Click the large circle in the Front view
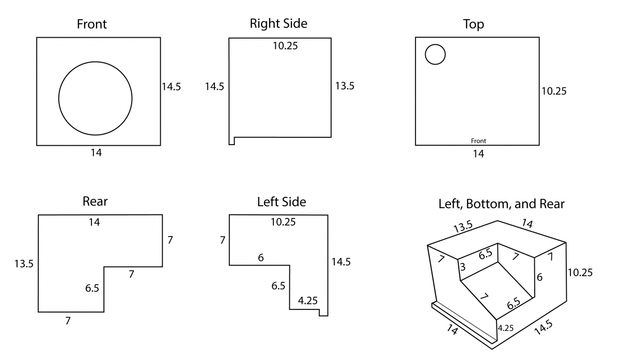[95, 98]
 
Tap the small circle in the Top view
[435, 54]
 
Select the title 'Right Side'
[278, 23]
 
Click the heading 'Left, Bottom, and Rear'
[501, 204]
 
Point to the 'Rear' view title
[95, 201]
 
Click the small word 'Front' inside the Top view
[478, 141]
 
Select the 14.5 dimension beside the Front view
[172, 87]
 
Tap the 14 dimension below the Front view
[96, 153]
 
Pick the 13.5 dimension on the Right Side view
[345, 86]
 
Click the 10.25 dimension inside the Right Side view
[285, 46]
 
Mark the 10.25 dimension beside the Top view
[554, 91]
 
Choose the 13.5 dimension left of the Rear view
[24, 264]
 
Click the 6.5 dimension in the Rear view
[92, 288]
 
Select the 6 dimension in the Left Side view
[260, 257]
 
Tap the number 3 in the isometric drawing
[462, 267]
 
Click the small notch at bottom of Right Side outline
[232, 140]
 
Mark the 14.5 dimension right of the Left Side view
[341, 262]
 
